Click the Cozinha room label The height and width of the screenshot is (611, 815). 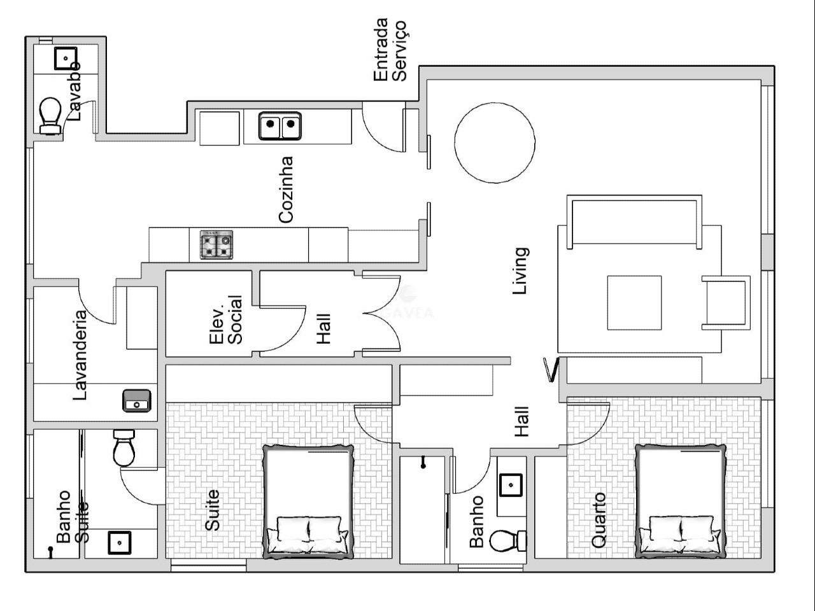pos(286,190)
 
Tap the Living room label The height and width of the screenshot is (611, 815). pos(520,271)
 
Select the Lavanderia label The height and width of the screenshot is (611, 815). pos(80,355)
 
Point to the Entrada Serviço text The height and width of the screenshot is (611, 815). pos(390,50)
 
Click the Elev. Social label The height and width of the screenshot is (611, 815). pos(226,320)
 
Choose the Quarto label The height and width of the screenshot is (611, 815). pos(598,520)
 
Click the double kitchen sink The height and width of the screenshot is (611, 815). pos(280,126)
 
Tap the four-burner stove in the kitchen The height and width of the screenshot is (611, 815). pos(216,244)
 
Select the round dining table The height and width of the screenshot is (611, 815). pos(495,143)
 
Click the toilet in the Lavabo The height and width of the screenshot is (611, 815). pos(50,115)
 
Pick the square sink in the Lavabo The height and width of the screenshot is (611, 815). pos(66,59)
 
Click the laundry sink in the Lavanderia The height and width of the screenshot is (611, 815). pos(137,401)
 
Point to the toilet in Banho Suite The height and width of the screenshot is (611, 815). pos(124,448)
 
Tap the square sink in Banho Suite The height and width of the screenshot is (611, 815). pos(119,543)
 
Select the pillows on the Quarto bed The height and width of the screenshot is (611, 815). pos(680,533)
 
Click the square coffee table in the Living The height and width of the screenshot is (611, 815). pos(634,303)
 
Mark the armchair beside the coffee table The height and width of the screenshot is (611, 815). pos(726,303)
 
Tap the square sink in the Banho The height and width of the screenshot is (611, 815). pos(511,485)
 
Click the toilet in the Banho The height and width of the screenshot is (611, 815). pos(508,541)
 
